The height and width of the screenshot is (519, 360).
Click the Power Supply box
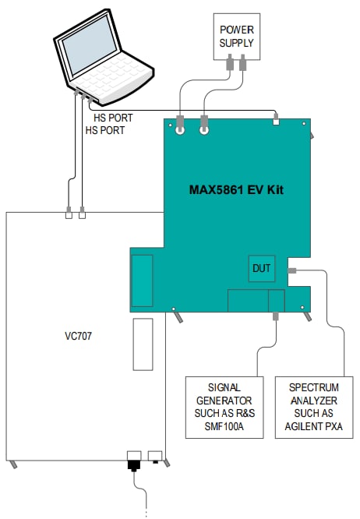pos(236,36)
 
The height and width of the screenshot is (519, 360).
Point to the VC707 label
pos(79,338)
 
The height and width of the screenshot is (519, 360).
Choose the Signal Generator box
pos(225,408)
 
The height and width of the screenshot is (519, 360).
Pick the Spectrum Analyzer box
pos(314,408)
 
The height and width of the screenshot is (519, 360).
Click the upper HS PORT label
pos(113,118)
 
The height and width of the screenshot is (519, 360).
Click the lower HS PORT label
pos(104,131)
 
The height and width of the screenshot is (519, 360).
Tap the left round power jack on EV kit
pos(181,131)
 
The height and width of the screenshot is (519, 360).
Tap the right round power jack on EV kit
pos(206,131)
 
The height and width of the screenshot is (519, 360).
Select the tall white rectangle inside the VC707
pos(143,343)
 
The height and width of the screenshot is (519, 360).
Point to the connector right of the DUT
pos(292,270)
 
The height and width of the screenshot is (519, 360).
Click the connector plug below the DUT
pos(277,316)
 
